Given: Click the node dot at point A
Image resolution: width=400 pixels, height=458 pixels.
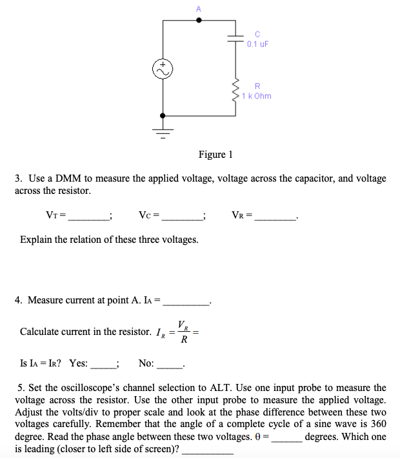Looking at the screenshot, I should coord(199,20).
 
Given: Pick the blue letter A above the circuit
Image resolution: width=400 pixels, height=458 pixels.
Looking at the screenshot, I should coord(199,8).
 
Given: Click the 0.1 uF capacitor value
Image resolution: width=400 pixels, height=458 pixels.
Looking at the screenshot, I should coord(257,44).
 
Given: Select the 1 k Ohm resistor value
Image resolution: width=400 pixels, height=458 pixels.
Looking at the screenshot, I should coord(257,96).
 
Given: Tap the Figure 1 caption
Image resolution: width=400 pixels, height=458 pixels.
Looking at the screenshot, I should coord(215,155).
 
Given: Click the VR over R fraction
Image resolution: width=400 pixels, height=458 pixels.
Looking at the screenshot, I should coord(183,332).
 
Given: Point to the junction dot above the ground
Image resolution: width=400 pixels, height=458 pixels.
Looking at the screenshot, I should coord(163,116).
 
